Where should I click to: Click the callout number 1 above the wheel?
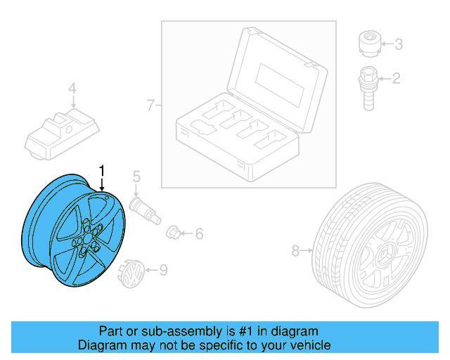(103, 169)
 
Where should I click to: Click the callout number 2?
(396, 78)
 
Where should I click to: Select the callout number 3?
(398, 45)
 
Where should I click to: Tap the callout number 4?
(71, 89)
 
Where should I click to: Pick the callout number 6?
(199, 233)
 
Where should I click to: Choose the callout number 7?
(150, 105)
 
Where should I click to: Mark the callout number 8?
(296, 249)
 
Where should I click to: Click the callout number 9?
(163, 269)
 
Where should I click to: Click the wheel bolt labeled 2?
(367, 85)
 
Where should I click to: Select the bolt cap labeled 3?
(367, 44)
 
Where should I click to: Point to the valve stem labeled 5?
(143, 208)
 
